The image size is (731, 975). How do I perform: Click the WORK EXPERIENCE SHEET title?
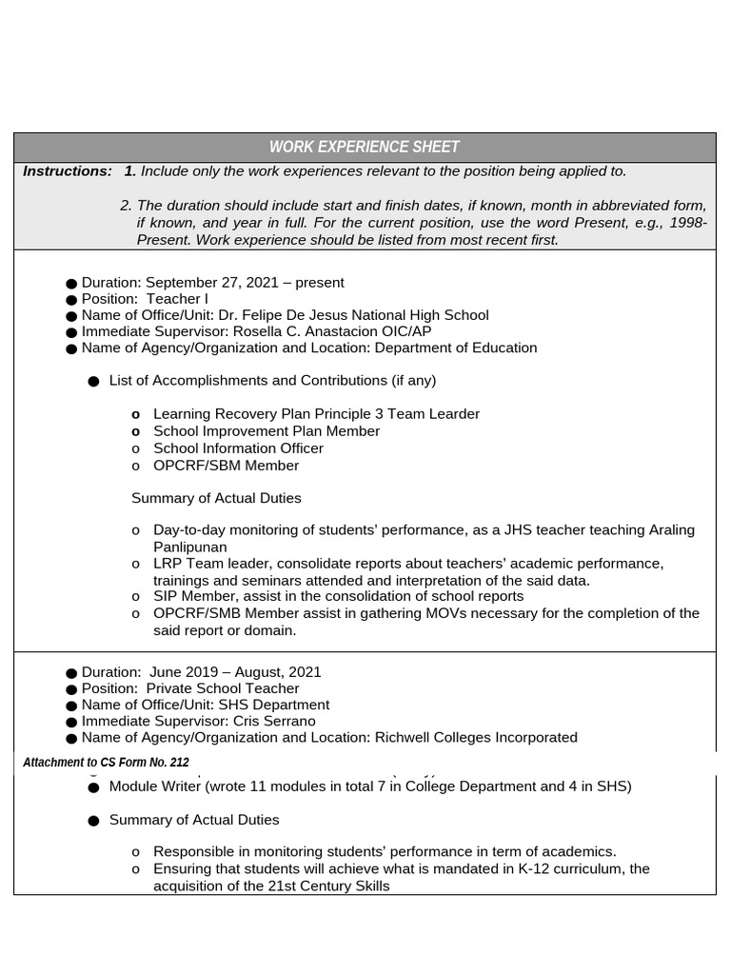pyautogui.click(x=364, y=147)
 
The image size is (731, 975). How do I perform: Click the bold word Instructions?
pyautogui.click(x=67, y=171)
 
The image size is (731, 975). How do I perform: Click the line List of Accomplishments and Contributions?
pyautogui.click(x=272, y=381)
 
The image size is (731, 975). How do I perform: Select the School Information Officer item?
pyautogui.click(x=238, y=448)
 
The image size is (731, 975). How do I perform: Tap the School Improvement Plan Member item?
pyautogui.click(x=266, y=431)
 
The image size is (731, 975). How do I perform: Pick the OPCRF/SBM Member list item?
pyautogui.click(x=226, y=466)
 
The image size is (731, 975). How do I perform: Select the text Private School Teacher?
pyautogui.click(x=223, y=688)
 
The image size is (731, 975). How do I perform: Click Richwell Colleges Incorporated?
pyautogui.click(x=477, y=737)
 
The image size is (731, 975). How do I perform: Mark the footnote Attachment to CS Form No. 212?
pyautogui.click(x=106, y=763)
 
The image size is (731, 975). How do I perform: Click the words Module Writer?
pyautogui.click(x=154, y=786)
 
